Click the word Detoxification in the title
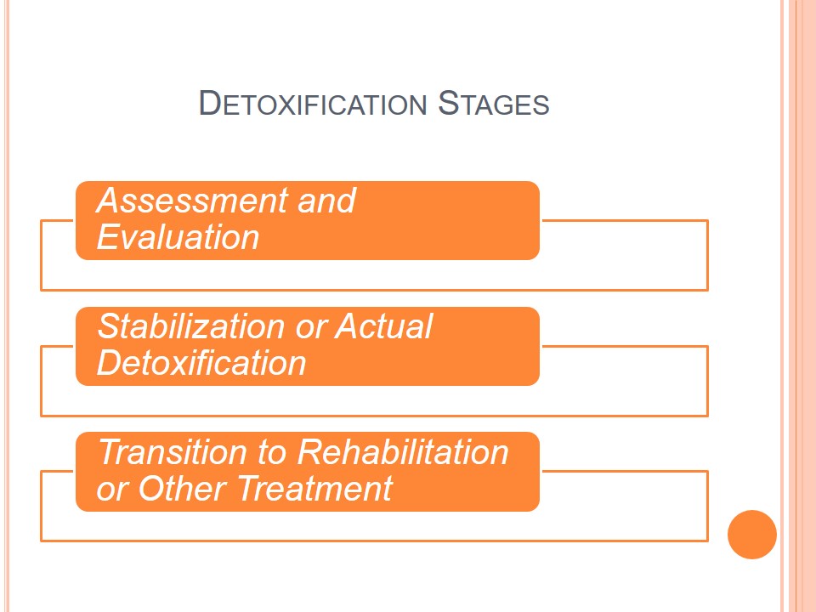coord(313,103)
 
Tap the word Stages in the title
coord(493,103)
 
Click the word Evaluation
coord(178,237)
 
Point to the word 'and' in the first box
coord(326,201)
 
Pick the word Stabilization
coord(191,326)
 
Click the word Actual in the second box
coord(383,326)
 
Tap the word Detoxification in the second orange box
coord(201,363)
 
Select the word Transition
coord(173,451)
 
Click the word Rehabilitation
coord(403,451)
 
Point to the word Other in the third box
coord(182,489)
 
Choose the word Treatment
coord(315,489)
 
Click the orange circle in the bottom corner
coord(752,535)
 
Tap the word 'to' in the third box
coord(272,453)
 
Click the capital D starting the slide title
coord(210,103)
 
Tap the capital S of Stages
coord(448,103)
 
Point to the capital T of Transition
coord(110,451)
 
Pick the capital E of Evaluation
coord(108,237)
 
